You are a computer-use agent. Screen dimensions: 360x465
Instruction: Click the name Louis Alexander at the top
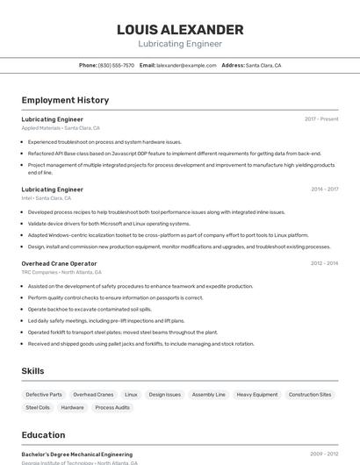[180, 30]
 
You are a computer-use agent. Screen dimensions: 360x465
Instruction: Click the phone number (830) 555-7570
[116, 65]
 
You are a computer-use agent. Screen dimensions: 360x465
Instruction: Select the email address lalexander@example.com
[186, 65]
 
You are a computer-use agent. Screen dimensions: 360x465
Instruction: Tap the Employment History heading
[65, 100]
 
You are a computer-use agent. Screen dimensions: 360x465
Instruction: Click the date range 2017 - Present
[321, 119]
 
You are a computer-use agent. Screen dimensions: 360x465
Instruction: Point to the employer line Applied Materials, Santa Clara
[61, 128]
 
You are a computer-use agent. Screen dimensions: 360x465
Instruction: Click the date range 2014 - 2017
[324, 190]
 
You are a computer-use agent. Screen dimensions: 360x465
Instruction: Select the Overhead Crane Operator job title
[59, 263]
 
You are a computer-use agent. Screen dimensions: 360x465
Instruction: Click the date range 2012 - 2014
[324, 263]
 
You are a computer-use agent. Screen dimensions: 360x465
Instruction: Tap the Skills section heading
[32, 371]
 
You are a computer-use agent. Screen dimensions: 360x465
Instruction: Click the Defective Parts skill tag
[44, 395]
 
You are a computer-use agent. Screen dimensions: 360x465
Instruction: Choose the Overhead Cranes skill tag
[93, 395]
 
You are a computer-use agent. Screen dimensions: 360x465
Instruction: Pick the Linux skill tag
[131, 395]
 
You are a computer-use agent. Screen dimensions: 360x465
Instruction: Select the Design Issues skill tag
[165, 395]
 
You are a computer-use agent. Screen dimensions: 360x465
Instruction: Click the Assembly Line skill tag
[209, 395]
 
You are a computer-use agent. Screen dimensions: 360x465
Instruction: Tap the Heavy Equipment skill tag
[257, 395]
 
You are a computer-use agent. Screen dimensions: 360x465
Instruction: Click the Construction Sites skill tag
[310, 395]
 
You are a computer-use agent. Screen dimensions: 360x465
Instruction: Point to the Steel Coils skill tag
[38, 407]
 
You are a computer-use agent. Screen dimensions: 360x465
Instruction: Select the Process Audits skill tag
[112, 407]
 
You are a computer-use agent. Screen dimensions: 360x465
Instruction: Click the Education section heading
[43, 435]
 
